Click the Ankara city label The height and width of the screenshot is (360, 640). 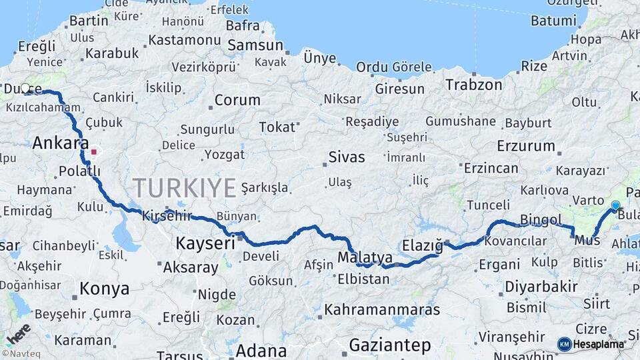61,143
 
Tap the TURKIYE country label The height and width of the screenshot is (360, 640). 184,188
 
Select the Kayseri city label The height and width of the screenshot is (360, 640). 205,243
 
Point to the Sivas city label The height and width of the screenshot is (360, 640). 347,157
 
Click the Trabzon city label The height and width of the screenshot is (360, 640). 474,85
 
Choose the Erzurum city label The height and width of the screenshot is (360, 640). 526,145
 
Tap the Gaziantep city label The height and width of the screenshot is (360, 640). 390,345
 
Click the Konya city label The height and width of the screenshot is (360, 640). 104,289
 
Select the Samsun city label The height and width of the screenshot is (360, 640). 255,45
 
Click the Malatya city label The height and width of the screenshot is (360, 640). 365,257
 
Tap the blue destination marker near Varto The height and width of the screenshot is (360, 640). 615,205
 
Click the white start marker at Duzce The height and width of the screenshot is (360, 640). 25,87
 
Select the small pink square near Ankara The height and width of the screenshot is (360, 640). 94,152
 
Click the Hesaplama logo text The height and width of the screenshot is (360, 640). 598,344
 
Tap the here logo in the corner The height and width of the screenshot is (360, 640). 18,334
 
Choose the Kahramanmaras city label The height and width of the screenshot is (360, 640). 382,309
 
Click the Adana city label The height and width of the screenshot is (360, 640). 261,350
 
